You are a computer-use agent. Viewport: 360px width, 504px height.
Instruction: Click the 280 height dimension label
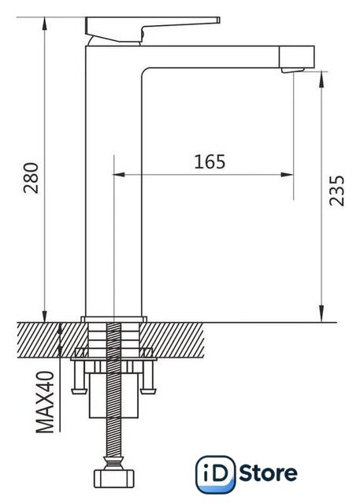[32, 178]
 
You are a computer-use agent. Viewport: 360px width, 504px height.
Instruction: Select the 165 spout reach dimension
[210, 161]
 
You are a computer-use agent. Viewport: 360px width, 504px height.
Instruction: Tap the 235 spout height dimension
[337, 191]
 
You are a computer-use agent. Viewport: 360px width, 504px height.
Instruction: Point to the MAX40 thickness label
[45, 402]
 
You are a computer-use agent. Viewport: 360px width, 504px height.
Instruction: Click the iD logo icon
[216, 474]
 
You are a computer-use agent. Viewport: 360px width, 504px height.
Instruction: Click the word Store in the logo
[269, 473]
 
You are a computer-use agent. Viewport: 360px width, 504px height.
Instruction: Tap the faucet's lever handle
[152, 28]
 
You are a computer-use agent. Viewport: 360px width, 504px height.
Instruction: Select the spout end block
[296, 57]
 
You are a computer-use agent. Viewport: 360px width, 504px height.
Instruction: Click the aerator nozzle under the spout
[292, 70]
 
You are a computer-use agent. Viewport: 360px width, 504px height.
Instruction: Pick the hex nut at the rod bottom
[113, 479]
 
